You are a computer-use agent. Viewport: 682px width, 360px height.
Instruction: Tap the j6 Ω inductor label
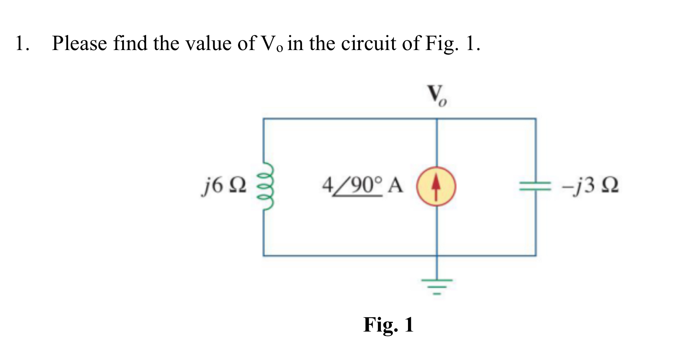(x=224, y=186)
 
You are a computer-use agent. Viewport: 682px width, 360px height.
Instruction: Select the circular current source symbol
(x=436, y=186)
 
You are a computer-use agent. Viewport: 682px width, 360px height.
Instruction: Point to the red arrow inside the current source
(x=436, y=185)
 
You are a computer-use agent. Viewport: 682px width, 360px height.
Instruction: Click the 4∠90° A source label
(x=362, y=186)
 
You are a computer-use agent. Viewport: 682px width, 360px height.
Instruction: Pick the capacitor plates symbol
(x=535, y=186)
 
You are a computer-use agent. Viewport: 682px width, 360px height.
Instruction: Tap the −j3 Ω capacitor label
(x=590, y=186)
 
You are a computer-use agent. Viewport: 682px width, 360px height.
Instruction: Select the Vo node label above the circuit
(x=437, y=96)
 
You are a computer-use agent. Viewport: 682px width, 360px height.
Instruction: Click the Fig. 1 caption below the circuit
(x=389, y=324)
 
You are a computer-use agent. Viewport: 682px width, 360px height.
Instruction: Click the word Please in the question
(x=80, y=44)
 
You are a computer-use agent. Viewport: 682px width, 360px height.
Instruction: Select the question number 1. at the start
(x=22, y=44)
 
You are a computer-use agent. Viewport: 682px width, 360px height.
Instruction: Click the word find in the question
(x=130, y=44)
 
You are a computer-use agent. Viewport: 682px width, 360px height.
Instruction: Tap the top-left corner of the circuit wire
(x=264, y=119)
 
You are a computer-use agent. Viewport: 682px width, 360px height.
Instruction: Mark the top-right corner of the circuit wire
(x=536, y=119)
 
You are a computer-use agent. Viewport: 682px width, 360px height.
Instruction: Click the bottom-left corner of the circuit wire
(x=264, y=256)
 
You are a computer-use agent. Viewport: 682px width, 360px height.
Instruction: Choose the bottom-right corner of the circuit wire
(x=536, y=256)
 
